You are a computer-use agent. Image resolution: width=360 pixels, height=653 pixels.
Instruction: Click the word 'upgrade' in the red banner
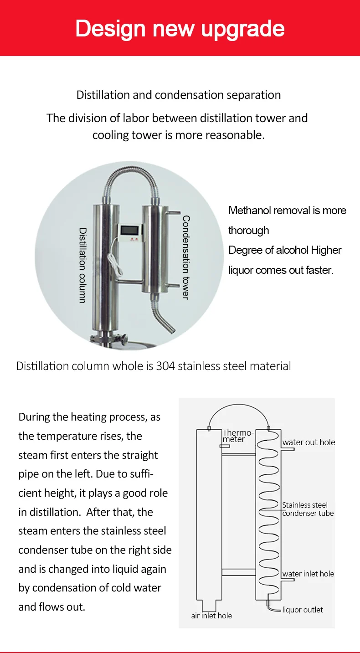pyautogui.click(x=242, y=29)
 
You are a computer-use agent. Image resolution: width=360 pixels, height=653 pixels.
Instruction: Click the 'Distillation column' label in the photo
pyautogui.click(x=82, y=265)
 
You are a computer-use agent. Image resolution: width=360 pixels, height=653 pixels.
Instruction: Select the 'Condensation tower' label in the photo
pyautogui.click(x=185, y=257)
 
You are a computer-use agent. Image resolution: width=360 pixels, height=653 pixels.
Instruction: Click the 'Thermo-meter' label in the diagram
pyautogui.click(x=237, y=436)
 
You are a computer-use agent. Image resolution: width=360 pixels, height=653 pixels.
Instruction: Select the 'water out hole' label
pyautogui.click(x=309, y=442)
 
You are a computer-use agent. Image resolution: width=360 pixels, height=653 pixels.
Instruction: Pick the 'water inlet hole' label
pyautogui.click(x=308, y=574)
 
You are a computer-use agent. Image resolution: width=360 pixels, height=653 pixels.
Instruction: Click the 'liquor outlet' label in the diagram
pyautogui.click(x=303, y=610)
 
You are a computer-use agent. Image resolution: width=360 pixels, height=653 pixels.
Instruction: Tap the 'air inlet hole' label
pyautogui.click(x=211, y=616)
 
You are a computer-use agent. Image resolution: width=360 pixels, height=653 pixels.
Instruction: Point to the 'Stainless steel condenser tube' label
pyautogui.click(x=308, y=509)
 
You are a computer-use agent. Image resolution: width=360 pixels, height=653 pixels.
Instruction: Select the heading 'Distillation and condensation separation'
pyautogui.click(x=179, y=95)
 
